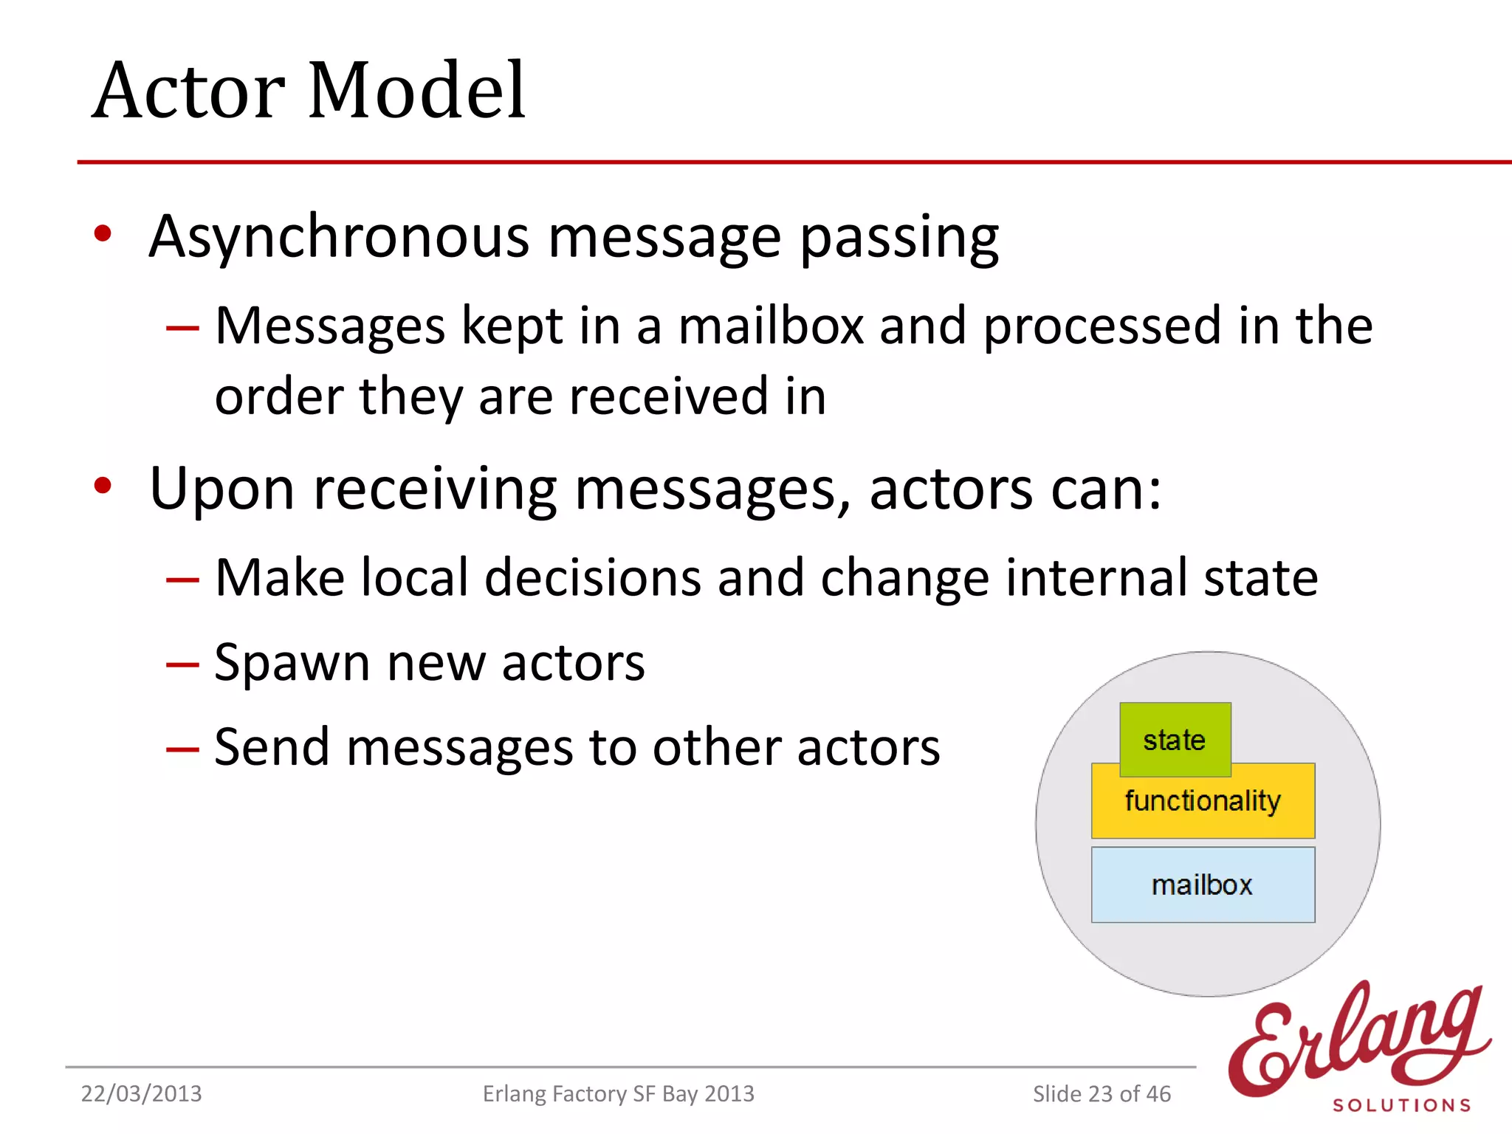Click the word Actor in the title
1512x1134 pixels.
pos(189,91)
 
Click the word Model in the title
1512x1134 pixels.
pos(416,91)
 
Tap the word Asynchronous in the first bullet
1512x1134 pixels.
pos(339,238)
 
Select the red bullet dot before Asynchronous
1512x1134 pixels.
pos(103,234)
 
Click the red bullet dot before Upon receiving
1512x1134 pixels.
pos(103,486)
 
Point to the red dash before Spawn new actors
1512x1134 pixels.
pos(182,664)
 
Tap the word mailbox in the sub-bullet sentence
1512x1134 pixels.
pos(771,326)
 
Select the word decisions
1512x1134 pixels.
pos(593,577)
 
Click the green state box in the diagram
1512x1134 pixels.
pos(1175,740)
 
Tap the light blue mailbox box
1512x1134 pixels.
pos(1203,884)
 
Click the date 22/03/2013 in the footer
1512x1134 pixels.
pos(141,1093)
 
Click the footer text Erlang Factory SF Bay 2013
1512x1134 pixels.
pos(618,1093)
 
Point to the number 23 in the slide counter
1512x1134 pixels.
pos(1100,1093)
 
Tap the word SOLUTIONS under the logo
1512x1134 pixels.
pos(1401,1105)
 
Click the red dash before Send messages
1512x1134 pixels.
pos(182,749)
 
